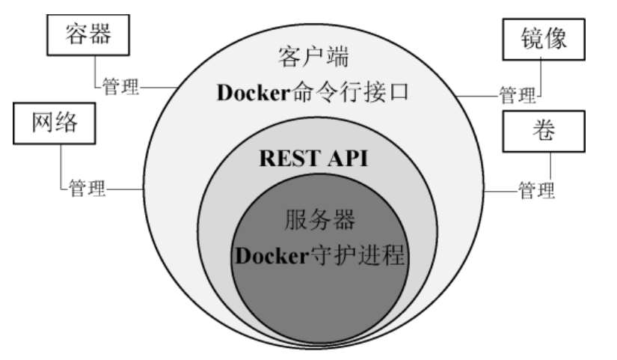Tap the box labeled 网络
pyautogui.click(x=55, y=123)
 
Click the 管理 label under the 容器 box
pyautogui.click(x=121, y=88)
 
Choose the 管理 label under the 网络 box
pyautogui.click(x=87, y=188)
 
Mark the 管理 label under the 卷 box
pyautogui.click(x=537, y=192)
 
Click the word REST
pyautogui.click(x=283, y=159)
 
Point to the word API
pyautogui.click(x=348, y=159)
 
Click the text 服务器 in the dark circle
pyautogui.click(x=319, y=220)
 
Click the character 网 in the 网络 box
pyautogui.click(x=42, y=123)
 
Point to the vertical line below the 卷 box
pyautogui.click(x=550, y=167)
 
